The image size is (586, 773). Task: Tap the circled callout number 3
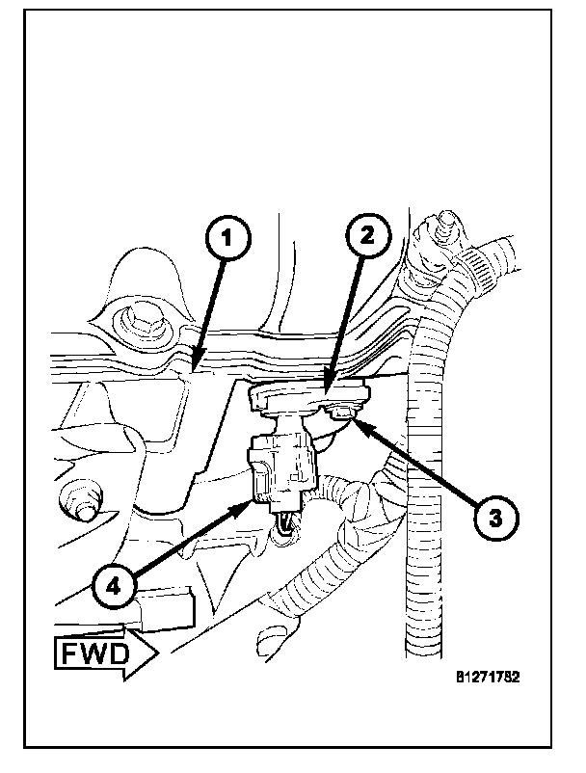click(492, 518)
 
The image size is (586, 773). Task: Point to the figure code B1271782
click(488, 677)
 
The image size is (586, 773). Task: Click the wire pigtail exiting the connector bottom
click(286, 523)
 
